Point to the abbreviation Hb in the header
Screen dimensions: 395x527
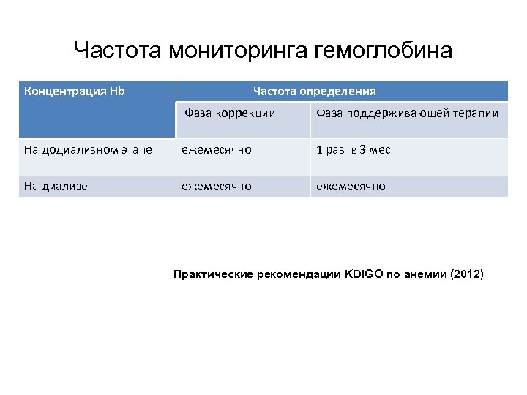pos(116,91)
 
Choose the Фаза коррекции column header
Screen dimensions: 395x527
pos(230,113)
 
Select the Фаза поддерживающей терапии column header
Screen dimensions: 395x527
pos(407,113)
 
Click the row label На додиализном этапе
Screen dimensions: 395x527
pos(88,150)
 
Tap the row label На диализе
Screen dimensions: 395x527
pos(56,187)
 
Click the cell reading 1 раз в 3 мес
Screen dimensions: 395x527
pos(353,150)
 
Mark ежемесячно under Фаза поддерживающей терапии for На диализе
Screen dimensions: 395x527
pos(351,187)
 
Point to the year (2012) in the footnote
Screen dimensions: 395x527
pos(468,275)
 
